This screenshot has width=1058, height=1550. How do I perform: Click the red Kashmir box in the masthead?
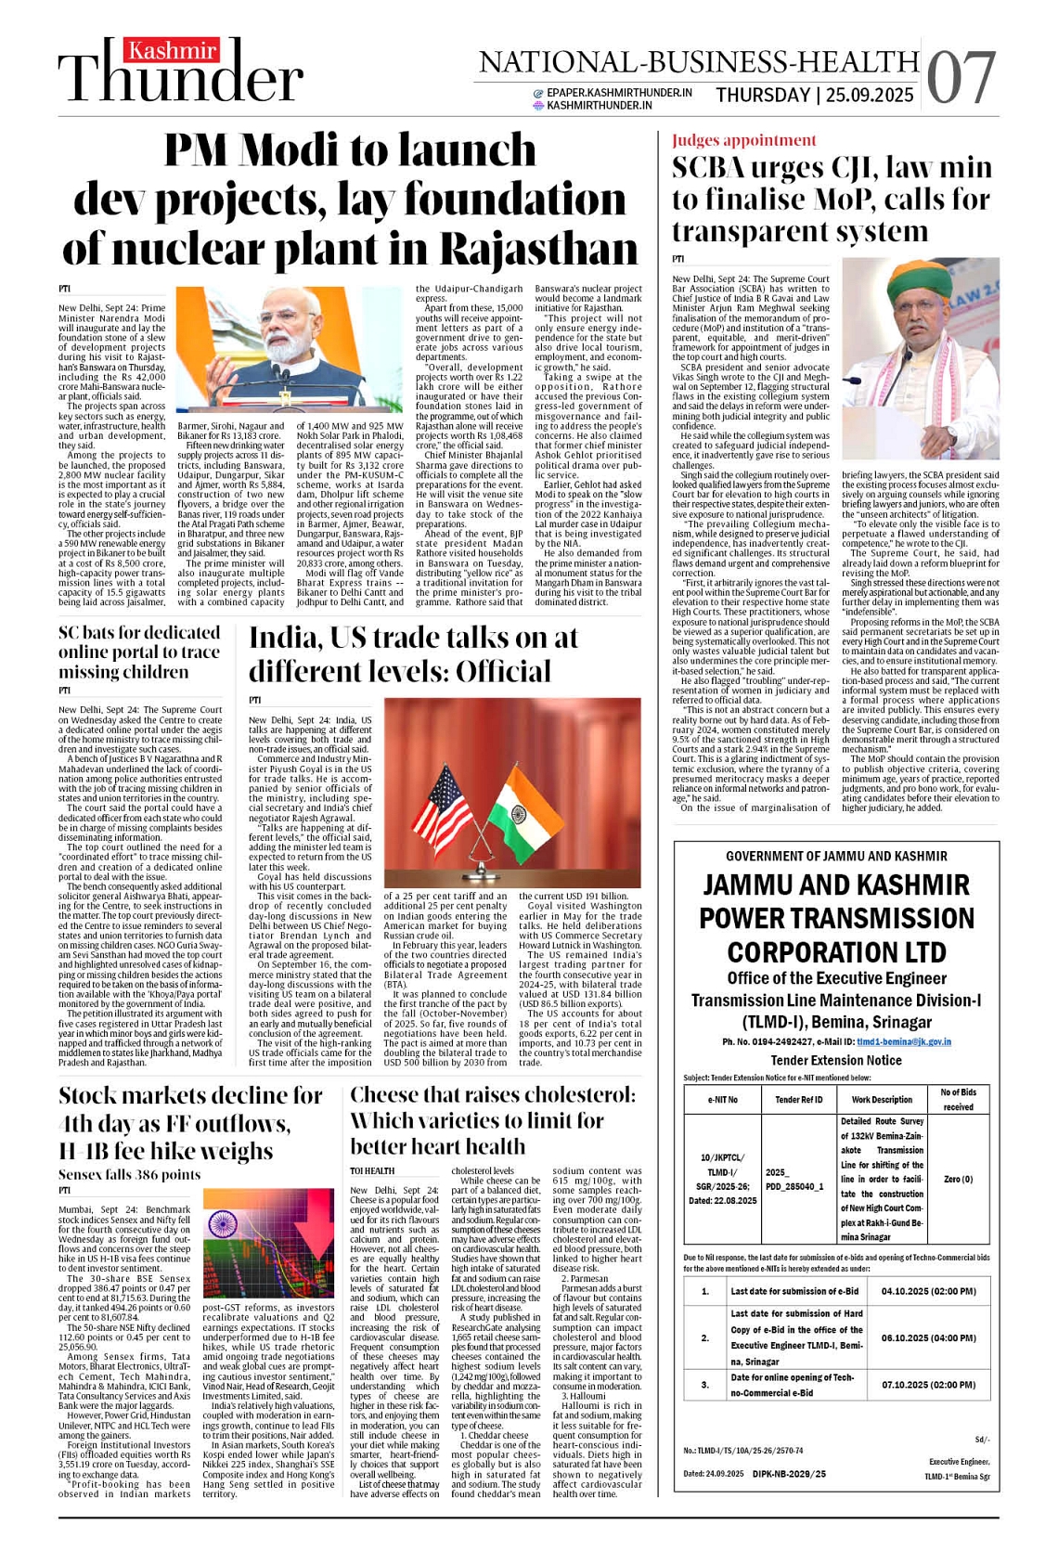pos(174,51)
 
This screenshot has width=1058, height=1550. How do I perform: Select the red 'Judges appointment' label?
pos(744,140)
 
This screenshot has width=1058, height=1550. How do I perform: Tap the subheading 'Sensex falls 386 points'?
pos(129,1174)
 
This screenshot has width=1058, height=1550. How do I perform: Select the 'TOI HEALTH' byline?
pos(372,1171)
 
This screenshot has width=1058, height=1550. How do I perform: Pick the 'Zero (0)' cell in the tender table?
pos(958,1180)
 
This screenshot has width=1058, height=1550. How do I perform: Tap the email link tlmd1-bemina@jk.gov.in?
pos(903,1041)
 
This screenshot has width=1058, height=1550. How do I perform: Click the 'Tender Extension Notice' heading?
pos(835,1061)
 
